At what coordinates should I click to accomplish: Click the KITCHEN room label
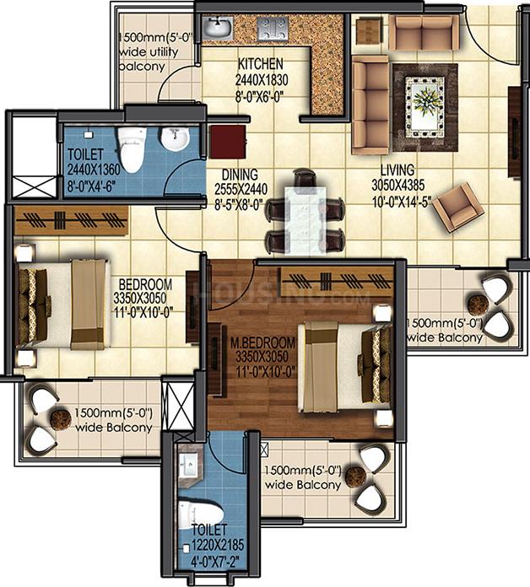(x=261, y=63)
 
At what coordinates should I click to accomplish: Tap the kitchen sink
(x=217, y=27)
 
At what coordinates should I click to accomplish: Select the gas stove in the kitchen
(x=273, y=28)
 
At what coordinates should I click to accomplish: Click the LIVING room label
(x=397, y=170)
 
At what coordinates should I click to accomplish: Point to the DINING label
(x=240, y=175)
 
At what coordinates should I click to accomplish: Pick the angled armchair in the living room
(x=457, y=207)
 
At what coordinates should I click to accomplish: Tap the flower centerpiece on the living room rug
(x=426, y=100)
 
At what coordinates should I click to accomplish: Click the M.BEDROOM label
(x=262, y=342)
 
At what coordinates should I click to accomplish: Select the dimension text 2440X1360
(x=94, y=170)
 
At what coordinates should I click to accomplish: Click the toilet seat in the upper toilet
(x=131, y=150)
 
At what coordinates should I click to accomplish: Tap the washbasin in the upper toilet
(x=174, y=138)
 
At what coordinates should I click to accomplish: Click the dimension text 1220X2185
(x=218, y=545)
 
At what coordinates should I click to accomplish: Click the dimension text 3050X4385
(x=398, y=186)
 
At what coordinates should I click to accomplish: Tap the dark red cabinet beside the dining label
(x=227, y=142)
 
